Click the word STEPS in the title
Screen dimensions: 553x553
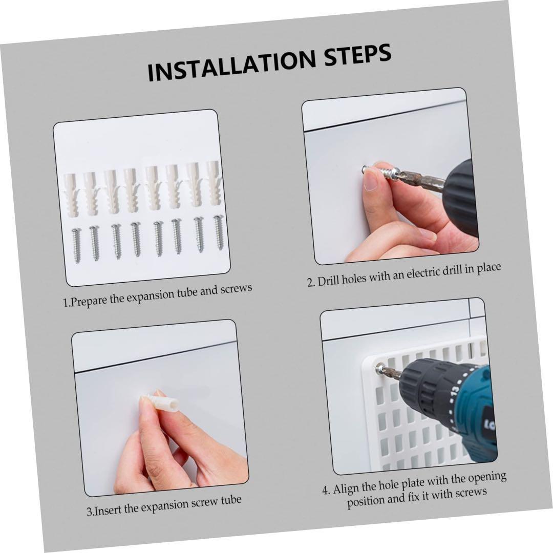357,55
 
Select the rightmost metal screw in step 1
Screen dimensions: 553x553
219,232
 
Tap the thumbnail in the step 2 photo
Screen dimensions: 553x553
370,182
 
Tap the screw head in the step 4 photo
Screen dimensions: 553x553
380,369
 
